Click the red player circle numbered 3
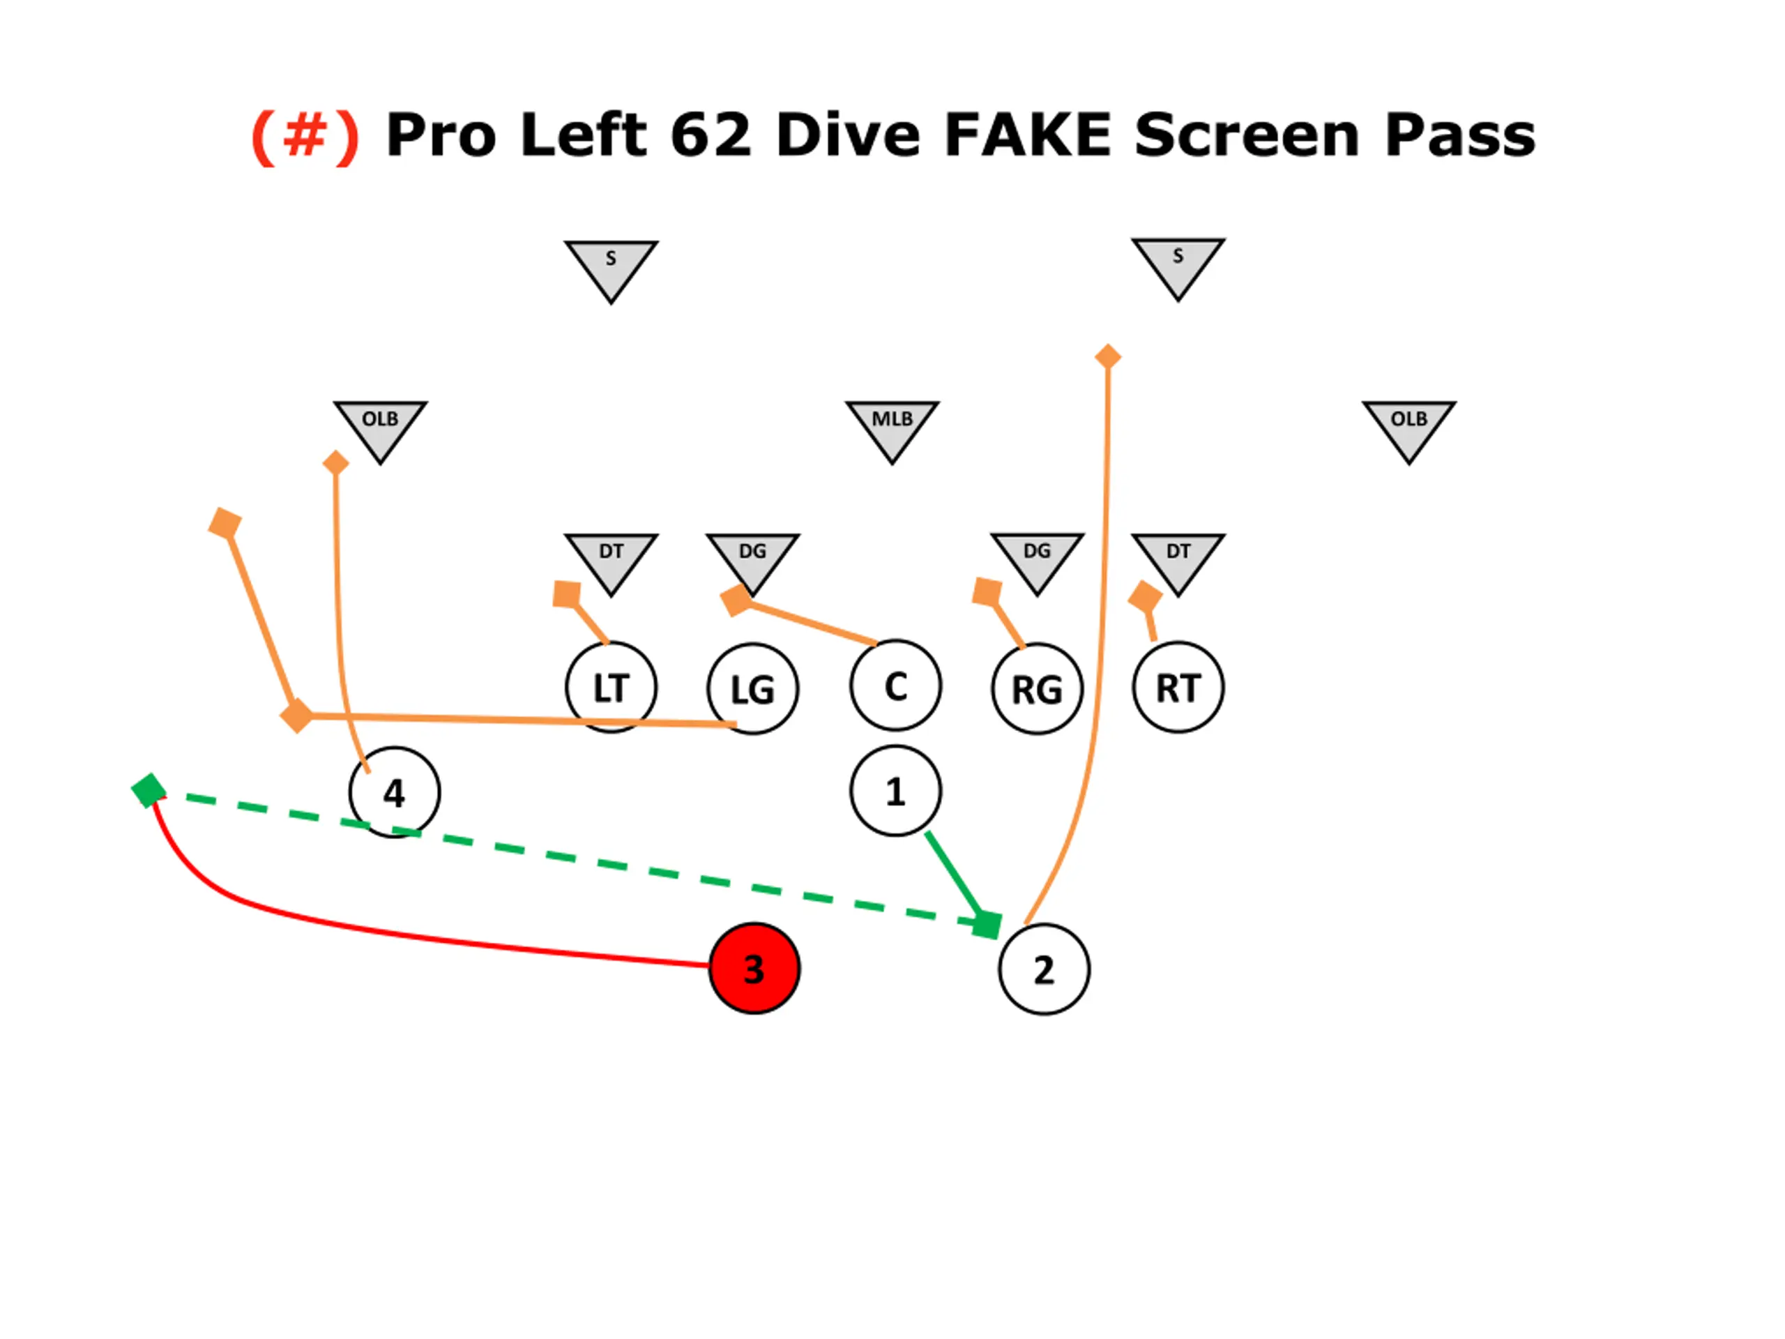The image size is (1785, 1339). pyautogui.click(x=754, y=969)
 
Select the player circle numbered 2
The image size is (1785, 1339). pyautogui.click(x=1043, y=969)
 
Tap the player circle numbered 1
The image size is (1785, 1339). pyautogui.click(x=895, y=791)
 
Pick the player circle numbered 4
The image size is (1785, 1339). pyautogui.click(x=394, y=792)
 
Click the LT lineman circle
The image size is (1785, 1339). pyautogui.click(x=611, y=688)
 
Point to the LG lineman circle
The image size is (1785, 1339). pyautogui.click(x=753, y=689)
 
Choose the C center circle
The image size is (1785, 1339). pyautogui.click(x=895, y=686)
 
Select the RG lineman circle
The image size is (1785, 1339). pyautogui.click(x=1037, y=689)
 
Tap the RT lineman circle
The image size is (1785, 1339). pyautogui.click(x=1178, y=688)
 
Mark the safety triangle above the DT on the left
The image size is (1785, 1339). pyautogui.click(x=611, y=266)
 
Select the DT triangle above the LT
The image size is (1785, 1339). pyautogui.click(x=611, y=559)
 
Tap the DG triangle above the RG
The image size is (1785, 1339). pyautogui.click(x=1037, y=559)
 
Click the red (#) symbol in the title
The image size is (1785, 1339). pyautogui.click(x=305, y=135)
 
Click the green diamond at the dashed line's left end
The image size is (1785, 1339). pyautogui.click(x=149, y=790)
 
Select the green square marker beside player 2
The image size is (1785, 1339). pyautogui.click(x=987, y=925)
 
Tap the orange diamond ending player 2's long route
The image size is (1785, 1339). pyautogui.click(x=1108, y=356)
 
